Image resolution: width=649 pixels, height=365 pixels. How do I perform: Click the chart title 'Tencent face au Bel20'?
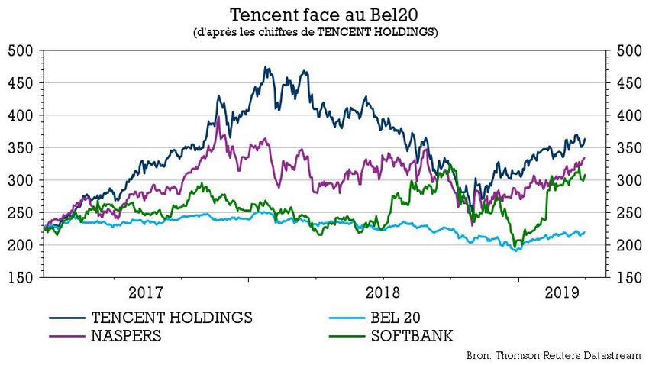point(324,15)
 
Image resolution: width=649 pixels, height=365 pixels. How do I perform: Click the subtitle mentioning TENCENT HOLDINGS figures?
point(324,33)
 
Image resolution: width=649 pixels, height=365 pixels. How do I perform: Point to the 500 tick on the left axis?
point(23,51)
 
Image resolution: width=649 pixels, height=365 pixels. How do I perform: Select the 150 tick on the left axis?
point(23,278)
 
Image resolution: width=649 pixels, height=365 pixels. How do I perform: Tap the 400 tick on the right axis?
point(625,116)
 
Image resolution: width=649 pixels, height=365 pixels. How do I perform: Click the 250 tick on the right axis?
point(625,213)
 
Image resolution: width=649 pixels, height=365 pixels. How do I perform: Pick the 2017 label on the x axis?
point(145,293)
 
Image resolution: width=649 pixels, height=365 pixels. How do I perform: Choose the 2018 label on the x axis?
point(383,293)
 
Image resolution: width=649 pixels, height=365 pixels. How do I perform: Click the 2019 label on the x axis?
point(561,293)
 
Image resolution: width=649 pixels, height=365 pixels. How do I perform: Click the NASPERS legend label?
point(126,336)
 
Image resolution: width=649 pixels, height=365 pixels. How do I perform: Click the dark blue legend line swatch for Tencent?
point(66,317)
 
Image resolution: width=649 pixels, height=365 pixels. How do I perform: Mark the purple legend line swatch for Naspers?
point(66,336)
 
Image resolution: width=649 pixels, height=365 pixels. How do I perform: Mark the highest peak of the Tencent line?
point(266,67)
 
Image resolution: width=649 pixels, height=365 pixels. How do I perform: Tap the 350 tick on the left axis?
point(23,148)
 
